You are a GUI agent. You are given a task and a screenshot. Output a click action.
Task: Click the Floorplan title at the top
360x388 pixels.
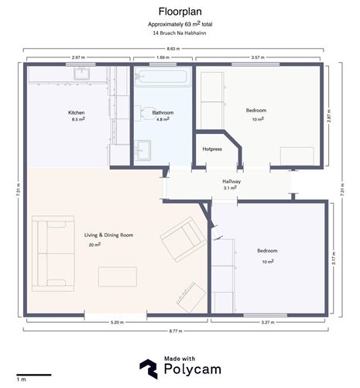(x=180, y=12)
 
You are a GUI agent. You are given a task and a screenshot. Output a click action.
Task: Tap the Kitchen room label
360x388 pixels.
(x=77, y=113)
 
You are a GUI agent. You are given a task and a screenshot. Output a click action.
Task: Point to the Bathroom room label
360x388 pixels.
(x=163, y=113)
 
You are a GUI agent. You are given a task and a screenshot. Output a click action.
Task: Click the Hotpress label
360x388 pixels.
(x=212, y=148)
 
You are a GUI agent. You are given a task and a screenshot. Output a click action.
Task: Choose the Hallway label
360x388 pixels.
(x=232, y=181)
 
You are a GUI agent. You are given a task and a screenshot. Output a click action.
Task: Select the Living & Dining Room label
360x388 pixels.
(x=109, y=235)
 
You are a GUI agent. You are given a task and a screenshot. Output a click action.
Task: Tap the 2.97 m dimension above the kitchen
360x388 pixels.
(x=77, y=57)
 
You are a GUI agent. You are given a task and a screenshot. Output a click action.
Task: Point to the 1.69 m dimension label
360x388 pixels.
(x=163, y=57)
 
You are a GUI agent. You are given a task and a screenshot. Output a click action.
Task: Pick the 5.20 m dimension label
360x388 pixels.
(x=117, y=321)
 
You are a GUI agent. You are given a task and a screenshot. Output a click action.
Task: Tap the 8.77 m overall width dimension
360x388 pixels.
(x=180, y=331)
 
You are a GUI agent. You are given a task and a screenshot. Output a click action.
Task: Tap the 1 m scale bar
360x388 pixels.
(x=33, y=376)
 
